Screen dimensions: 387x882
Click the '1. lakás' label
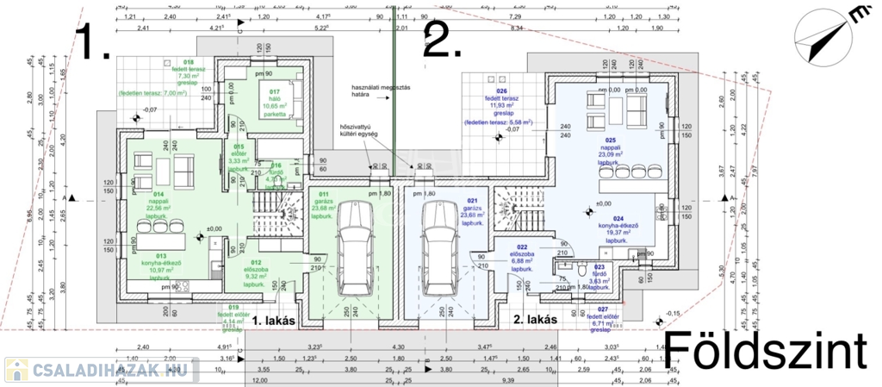click(x=275, y=320)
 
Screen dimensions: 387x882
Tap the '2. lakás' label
click(x=534, y=320)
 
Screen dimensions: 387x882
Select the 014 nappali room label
click(x=156, y=203)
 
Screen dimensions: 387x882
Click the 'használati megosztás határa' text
click(x=379, y=91)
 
